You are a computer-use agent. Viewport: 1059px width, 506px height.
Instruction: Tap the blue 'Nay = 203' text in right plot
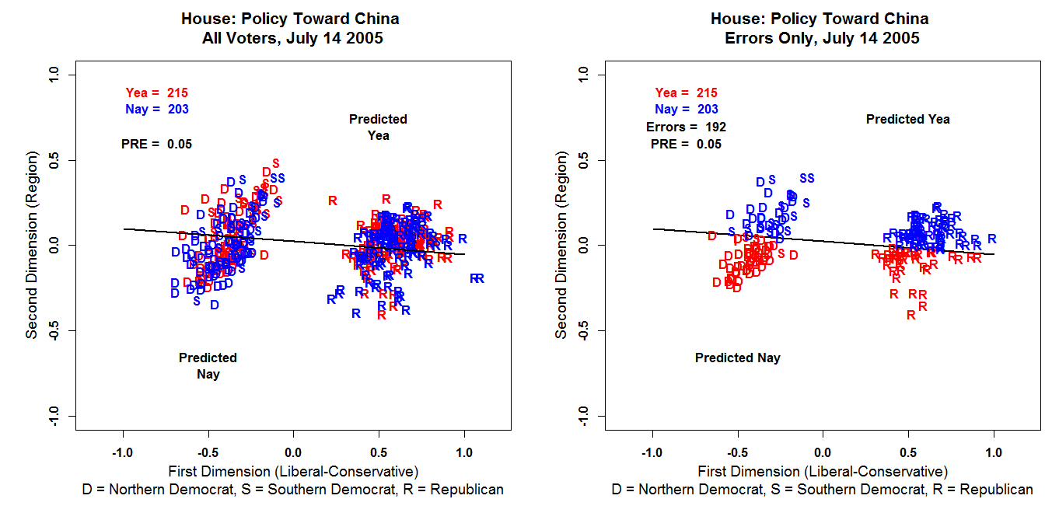(687, 110)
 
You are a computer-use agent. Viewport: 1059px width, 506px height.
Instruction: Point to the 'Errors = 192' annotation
(686, 127)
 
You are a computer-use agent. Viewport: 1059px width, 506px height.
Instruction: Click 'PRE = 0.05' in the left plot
(156, 144)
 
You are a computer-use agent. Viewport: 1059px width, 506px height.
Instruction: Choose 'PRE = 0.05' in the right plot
(686, 144)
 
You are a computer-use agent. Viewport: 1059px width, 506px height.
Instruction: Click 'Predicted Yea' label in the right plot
(907, 119)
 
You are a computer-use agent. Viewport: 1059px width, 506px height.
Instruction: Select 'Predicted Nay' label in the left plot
(208, 366)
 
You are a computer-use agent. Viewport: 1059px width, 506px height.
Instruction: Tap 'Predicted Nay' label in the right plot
(737, 358)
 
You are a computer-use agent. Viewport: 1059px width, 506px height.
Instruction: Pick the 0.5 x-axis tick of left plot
(379, 452)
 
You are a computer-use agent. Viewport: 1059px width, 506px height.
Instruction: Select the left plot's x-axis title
(293, 471)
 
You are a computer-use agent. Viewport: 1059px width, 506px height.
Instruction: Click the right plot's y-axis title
(561, 245)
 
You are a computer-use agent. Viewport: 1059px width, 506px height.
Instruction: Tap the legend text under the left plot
(293, 490)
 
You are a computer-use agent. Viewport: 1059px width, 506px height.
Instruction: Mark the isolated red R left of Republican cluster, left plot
(333, 201)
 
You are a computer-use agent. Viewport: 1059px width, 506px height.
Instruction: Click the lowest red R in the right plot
(910, 315)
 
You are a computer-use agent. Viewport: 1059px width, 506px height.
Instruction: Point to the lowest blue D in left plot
(215, 305)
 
